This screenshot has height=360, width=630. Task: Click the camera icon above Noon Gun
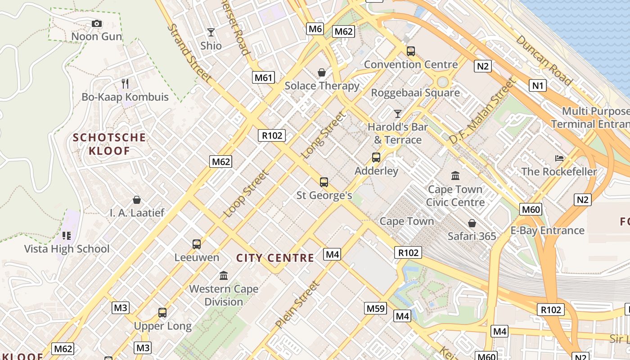(96, 23)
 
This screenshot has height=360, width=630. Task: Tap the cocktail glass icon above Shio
(211, 32)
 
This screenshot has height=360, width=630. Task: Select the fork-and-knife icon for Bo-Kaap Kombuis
(125, 83)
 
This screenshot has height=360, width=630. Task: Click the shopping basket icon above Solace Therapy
(322, 72)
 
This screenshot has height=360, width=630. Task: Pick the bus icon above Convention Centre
(410, 51)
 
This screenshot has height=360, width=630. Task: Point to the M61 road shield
(263, 77)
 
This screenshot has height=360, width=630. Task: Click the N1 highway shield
(537, 85)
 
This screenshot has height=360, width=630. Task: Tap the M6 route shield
(315, 29)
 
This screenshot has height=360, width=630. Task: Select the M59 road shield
(375, 308)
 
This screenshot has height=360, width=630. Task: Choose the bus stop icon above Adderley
(376, 157)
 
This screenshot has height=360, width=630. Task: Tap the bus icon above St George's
(324, 182)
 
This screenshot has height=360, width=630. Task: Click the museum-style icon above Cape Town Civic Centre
(455, 175)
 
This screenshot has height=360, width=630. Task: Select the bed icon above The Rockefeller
(559, 158)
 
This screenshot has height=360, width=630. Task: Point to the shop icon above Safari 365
(472, 223)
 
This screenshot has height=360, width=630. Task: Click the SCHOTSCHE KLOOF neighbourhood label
(109, 144)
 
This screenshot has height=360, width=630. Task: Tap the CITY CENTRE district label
(275, 258)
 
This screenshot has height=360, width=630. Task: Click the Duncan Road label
(543, 60)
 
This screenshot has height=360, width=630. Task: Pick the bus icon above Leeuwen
(197, 244)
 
